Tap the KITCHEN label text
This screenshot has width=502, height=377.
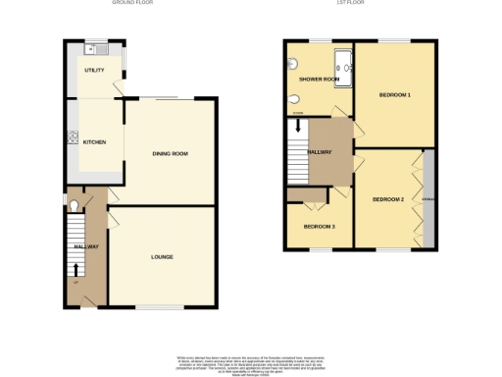pos(94,142)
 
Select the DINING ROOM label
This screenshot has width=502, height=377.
pos(170,154)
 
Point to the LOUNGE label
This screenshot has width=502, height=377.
pos(162,257)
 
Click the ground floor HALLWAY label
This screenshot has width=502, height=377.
pos(87,246)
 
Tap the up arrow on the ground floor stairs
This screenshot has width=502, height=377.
pos(76,269)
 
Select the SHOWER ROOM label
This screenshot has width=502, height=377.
pos(319,80)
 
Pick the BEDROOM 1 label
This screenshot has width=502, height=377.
pos(395,95)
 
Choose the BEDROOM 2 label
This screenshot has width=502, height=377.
pos(388,200)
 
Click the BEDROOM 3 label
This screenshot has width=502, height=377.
pos(319,227)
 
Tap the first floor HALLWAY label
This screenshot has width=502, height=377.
pos(321,152)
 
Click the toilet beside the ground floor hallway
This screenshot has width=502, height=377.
pos(75,206)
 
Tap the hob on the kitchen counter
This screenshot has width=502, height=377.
pos(71,138)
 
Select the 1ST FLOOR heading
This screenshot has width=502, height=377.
pos(359,4)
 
